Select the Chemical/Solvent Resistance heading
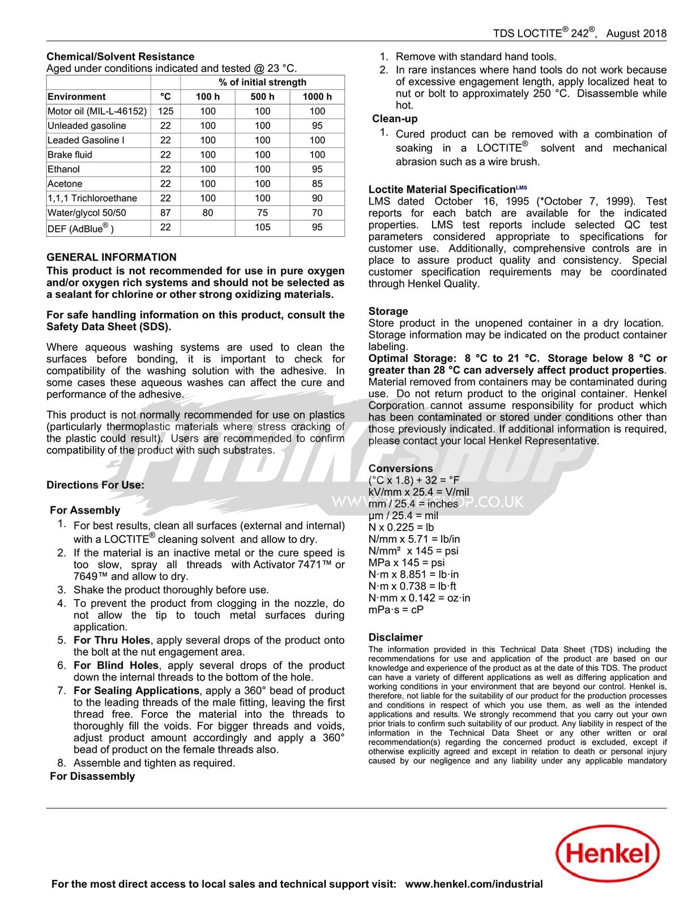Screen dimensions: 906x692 point(120,57)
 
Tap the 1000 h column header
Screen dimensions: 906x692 point(317,97)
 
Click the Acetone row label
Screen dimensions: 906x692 point(65,184)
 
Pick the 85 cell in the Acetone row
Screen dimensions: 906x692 point(317,184)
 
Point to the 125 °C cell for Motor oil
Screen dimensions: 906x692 point(165,112)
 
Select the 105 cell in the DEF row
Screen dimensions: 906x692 point(262,228)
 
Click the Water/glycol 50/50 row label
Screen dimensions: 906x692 point(87,213)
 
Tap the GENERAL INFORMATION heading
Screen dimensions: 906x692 point(112,257)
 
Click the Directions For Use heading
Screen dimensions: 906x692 point(95,485)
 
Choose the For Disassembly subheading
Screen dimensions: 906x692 point(92,776)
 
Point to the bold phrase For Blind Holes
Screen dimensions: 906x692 point(116,666)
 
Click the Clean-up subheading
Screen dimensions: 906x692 point(395,119)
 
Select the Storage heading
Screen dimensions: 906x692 point(388,311)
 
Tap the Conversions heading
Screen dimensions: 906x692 point(400,469)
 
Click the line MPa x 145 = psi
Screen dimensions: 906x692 point(407,563)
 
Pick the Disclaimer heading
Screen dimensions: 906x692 point(395,638)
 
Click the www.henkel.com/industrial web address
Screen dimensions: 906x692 point(474,884)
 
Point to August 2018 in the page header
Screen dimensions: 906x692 point(636,33)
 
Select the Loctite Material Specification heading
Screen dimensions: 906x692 point(442,190)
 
